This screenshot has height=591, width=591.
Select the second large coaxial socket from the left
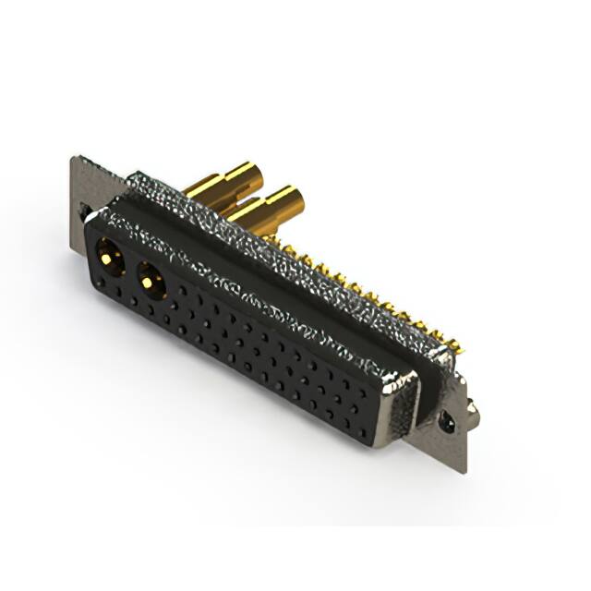coord(151,278)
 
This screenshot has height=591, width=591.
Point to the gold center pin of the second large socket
coord(151,280)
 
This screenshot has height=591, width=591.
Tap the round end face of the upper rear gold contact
coord(244,175)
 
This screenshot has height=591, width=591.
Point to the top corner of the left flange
coord(74,158)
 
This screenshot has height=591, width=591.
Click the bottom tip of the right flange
coord(462,471)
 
